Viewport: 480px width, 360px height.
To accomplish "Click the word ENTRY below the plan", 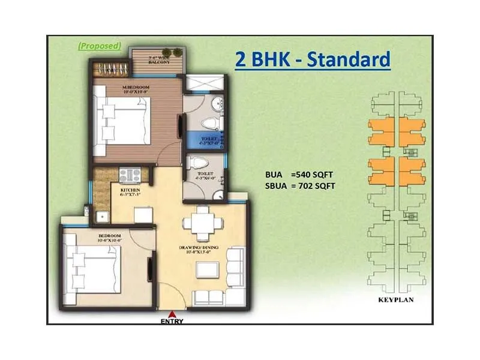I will (172, 321).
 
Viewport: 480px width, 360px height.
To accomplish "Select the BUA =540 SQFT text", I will (299, 175).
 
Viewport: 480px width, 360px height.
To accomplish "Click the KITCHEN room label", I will (129, 192).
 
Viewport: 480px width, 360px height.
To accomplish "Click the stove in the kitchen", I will (130, 175).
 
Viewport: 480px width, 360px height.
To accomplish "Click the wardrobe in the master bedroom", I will (110, 68).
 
